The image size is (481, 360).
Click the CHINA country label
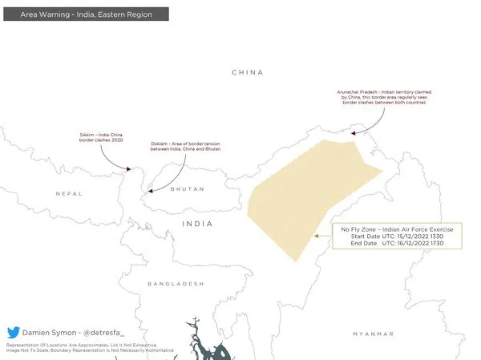[247, 72]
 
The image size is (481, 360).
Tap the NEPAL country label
[69, 194]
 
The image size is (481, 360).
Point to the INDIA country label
[197, 224]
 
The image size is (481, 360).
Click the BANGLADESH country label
[176, 284]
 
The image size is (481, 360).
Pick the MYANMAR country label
[373, 333]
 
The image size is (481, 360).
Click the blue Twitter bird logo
[14, 332]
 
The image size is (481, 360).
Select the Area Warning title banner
[85, 14]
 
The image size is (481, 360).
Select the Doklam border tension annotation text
[185, 147]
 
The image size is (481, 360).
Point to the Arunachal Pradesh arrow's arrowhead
[358, 134]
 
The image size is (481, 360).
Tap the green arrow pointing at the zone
[323, 237]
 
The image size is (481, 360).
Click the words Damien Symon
[46, 332]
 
